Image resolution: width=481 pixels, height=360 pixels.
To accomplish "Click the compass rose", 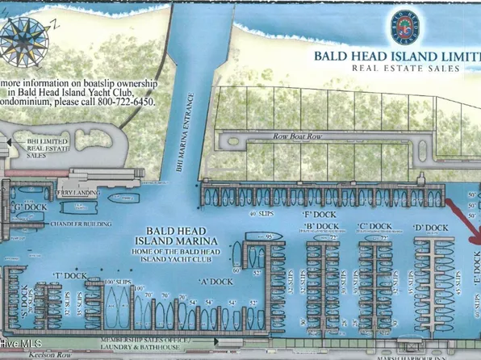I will tap(27, 37).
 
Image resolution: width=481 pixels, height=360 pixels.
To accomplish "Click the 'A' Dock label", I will tap(215, 282).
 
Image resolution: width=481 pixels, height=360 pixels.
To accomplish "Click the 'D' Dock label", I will tap(430, 228).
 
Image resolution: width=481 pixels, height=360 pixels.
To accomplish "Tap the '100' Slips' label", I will tap(119, 280).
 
